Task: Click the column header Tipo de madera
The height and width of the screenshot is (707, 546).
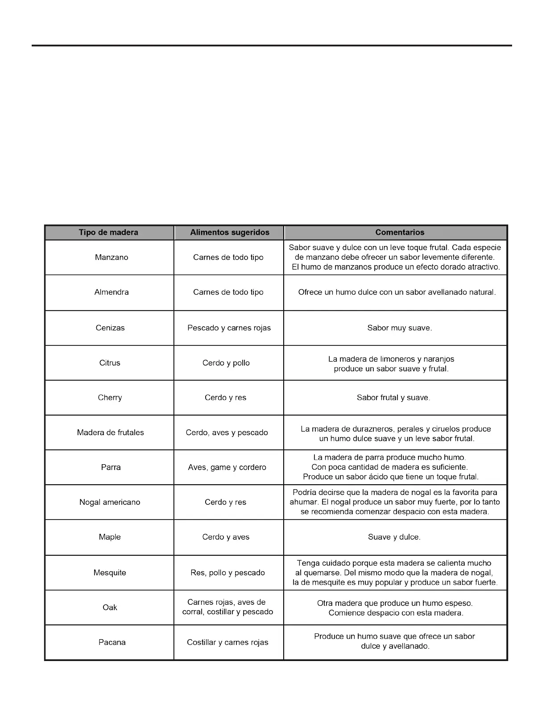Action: [108, 233]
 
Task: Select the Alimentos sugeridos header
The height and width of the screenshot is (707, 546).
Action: [229, 233]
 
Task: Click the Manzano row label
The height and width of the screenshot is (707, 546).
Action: [112, 258]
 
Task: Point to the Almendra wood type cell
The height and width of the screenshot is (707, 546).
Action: [112, 292]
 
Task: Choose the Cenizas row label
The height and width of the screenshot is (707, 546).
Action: [110, 328]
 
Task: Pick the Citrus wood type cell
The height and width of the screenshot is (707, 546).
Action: [110, 363]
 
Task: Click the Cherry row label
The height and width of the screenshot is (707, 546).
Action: [110, 398]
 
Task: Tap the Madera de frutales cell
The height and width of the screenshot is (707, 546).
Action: [110, 433]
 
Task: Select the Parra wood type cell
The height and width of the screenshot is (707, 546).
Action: [111, 467]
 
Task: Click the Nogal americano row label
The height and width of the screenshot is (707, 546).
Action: [110, 502]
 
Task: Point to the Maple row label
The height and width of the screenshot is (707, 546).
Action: [110, 537]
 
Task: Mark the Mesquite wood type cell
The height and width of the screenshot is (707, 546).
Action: [110, 573]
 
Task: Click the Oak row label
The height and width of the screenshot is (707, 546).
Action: [110, 607]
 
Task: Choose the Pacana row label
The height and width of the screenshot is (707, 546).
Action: [112, 642]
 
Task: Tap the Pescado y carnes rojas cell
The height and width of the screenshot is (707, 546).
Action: [229, 328]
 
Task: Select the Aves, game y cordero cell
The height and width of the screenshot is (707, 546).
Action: [227, 467]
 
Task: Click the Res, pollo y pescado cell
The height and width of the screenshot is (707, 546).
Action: [227, 573]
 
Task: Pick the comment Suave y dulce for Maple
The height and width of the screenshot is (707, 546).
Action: [394, 537]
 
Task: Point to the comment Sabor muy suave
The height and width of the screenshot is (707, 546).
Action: [400, 328]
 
